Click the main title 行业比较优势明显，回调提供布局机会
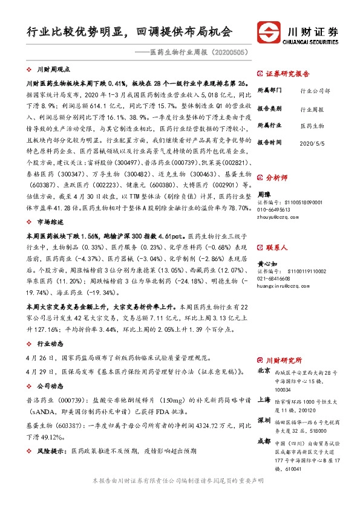point(129,31)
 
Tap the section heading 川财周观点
point(53,70)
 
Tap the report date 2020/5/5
point(313,143)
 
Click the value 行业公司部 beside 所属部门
point(315,91)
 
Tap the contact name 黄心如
point(267,264)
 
